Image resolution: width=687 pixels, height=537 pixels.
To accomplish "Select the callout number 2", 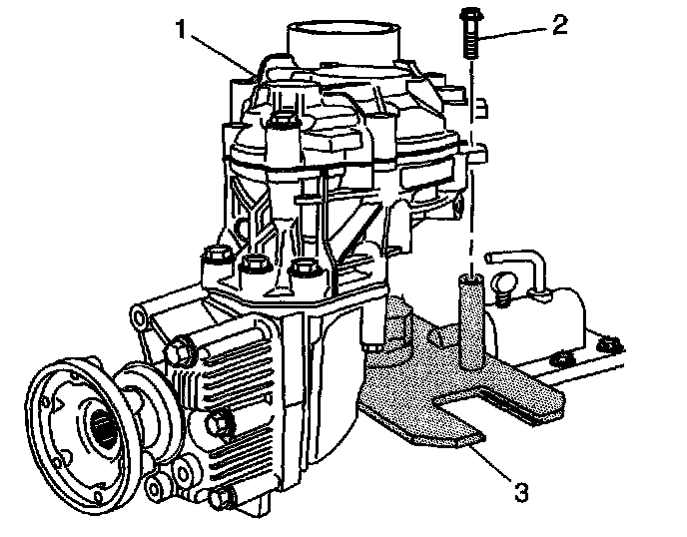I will coord(560,24).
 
